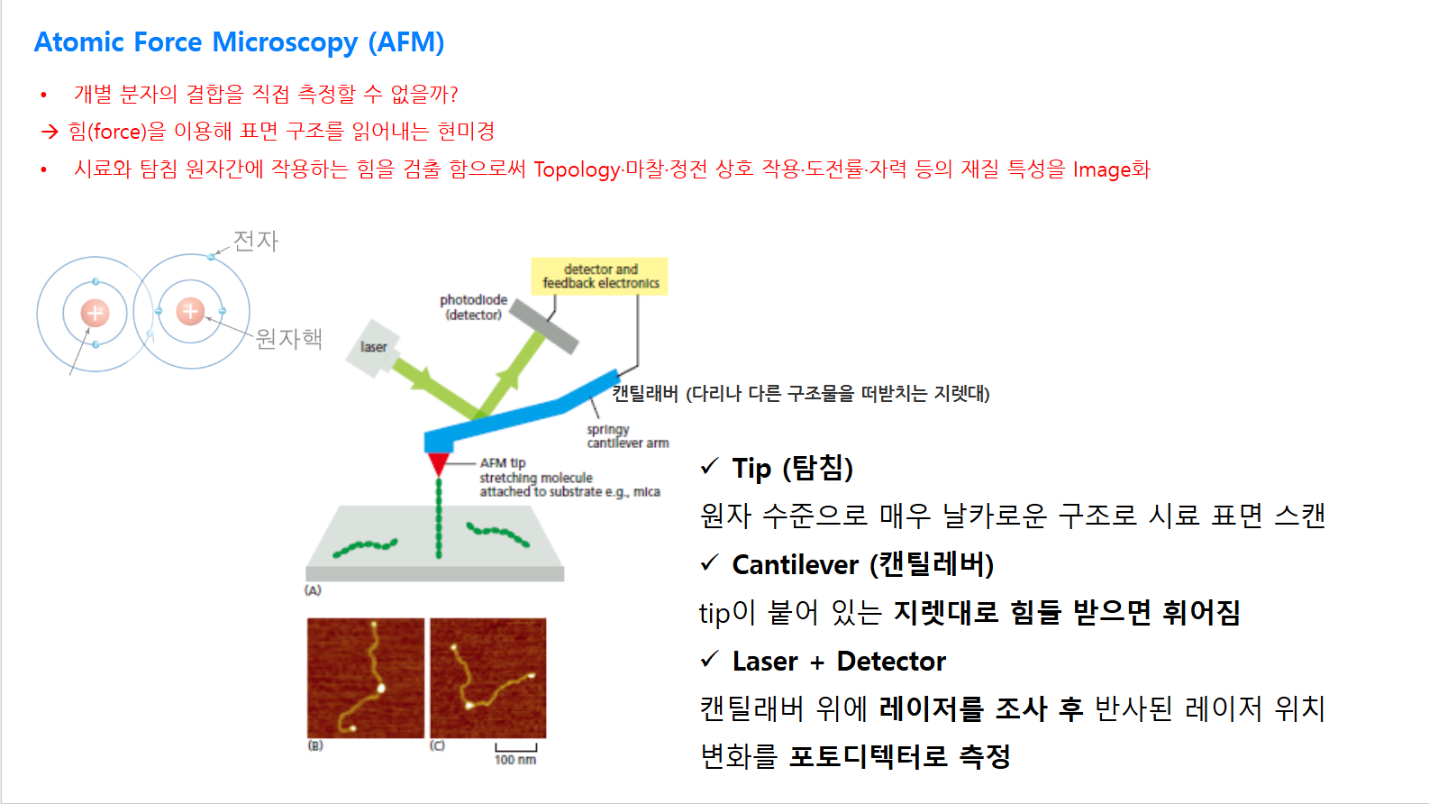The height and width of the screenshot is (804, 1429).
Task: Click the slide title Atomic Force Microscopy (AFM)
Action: click(240, 42)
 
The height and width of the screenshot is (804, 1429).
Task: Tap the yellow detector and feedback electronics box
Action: click(600, 277)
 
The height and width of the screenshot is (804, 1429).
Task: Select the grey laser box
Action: click(372, 348)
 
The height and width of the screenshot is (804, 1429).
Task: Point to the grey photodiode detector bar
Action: click(544, 326)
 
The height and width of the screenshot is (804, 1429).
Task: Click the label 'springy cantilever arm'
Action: click(628, 436)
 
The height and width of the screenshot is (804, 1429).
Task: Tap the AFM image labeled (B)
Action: click(366, 678)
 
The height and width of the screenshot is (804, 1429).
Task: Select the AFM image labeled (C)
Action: click(488, 678)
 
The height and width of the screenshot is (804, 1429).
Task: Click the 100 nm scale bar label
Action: click(515, 760)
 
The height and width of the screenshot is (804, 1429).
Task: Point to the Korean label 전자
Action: click(256, 242)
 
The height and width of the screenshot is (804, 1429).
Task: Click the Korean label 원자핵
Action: click(289, 339)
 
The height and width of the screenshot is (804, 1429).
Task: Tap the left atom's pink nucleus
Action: click(95, 314)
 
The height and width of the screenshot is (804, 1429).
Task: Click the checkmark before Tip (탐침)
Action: click(710, 467)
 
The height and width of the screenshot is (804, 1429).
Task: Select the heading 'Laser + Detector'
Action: click(839, 662)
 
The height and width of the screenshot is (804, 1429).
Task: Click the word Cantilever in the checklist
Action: click(795, 565)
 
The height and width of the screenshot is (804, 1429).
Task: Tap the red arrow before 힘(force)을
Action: click(50, 132)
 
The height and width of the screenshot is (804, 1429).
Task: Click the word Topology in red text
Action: click(577, 170)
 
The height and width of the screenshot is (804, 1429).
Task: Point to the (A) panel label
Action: click(313, 590)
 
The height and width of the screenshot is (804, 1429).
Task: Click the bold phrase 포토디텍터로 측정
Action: click(900, 757)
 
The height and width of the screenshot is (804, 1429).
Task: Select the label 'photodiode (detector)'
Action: click(473, 307)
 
